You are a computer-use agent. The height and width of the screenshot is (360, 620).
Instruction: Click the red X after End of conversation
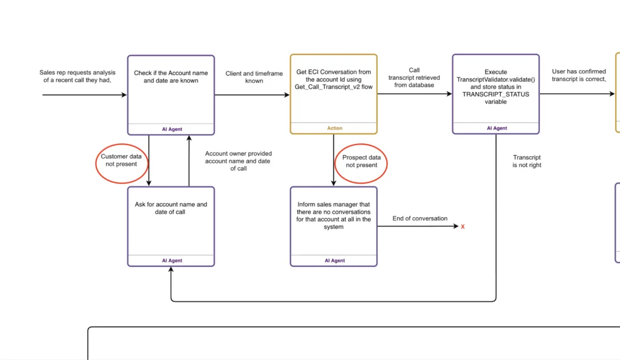(463, 226)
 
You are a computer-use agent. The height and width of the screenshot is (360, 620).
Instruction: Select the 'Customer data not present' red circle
(96, 163)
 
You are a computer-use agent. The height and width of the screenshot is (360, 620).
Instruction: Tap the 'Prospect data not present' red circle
(335, 163)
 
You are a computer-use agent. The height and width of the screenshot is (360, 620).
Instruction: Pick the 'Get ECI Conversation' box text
(334, 79)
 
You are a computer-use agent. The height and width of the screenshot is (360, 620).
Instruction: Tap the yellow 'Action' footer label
(334, 128)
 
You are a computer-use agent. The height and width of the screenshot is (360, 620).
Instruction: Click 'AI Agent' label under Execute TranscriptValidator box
(496, 128)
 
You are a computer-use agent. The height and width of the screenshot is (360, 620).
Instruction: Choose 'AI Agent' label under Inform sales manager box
(334, 260)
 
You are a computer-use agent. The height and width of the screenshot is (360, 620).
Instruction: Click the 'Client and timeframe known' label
(254, 77)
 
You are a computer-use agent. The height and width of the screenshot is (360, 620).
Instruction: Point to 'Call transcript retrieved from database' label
(414, 77)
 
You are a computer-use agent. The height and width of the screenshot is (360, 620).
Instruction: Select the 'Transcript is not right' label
(527, 161)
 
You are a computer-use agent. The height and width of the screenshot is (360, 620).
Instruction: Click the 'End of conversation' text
(420, 218)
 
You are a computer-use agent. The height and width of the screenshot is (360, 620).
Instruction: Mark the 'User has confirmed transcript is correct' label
(579, 75)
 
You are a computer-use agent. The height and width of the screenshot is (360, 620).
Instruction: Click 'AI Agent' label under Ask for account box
(172, 260)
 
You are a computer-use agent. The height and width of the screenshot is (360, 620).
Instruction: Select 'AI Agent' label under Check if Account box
(172, 129)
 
